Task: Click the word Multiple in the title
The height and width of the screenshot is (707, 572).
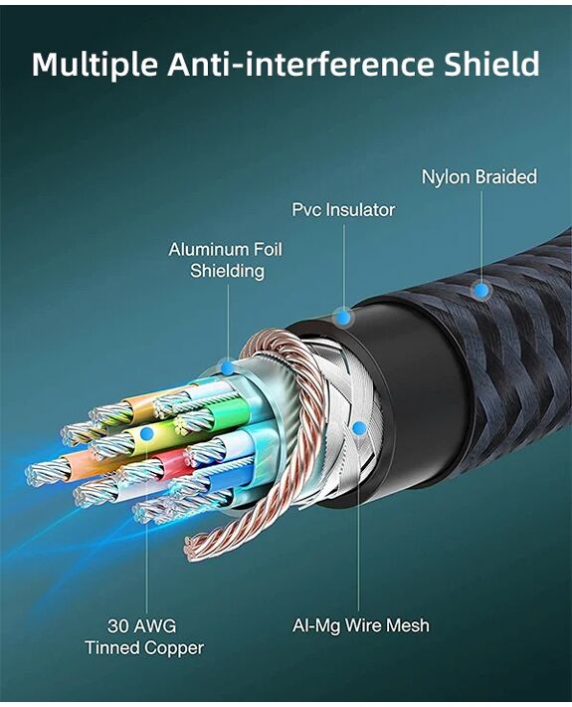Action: [95, 65]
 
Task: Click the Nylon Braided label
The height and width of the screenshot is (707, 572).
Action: [479, 177]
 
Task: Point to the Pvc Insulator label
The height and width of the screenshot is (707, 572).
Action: [343, 210]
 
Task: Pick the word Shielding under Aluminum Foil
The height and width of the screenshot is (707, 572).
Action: [227, 271]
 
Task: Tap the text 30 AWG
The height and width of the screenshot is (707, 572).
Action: [142, 625]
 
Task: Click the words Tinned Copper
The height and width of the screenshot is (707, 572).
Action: [144, 648]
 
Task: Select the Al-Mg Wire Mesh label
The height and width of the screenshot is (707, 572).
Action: [361, 625]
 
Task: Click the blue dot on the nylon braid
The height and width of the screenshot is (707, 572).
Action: [481, 290]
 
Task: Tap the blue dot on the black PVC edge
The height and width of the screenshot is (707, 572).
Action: [344, 317]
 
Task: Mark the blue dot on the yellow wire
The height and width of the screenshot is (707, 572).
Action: [146, 434]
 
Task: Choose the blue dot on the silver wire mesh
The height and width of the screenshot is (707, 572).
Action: [358, 428]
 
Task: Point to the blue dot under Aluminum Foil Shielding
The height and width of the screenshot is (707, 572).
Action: [228, 368]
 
